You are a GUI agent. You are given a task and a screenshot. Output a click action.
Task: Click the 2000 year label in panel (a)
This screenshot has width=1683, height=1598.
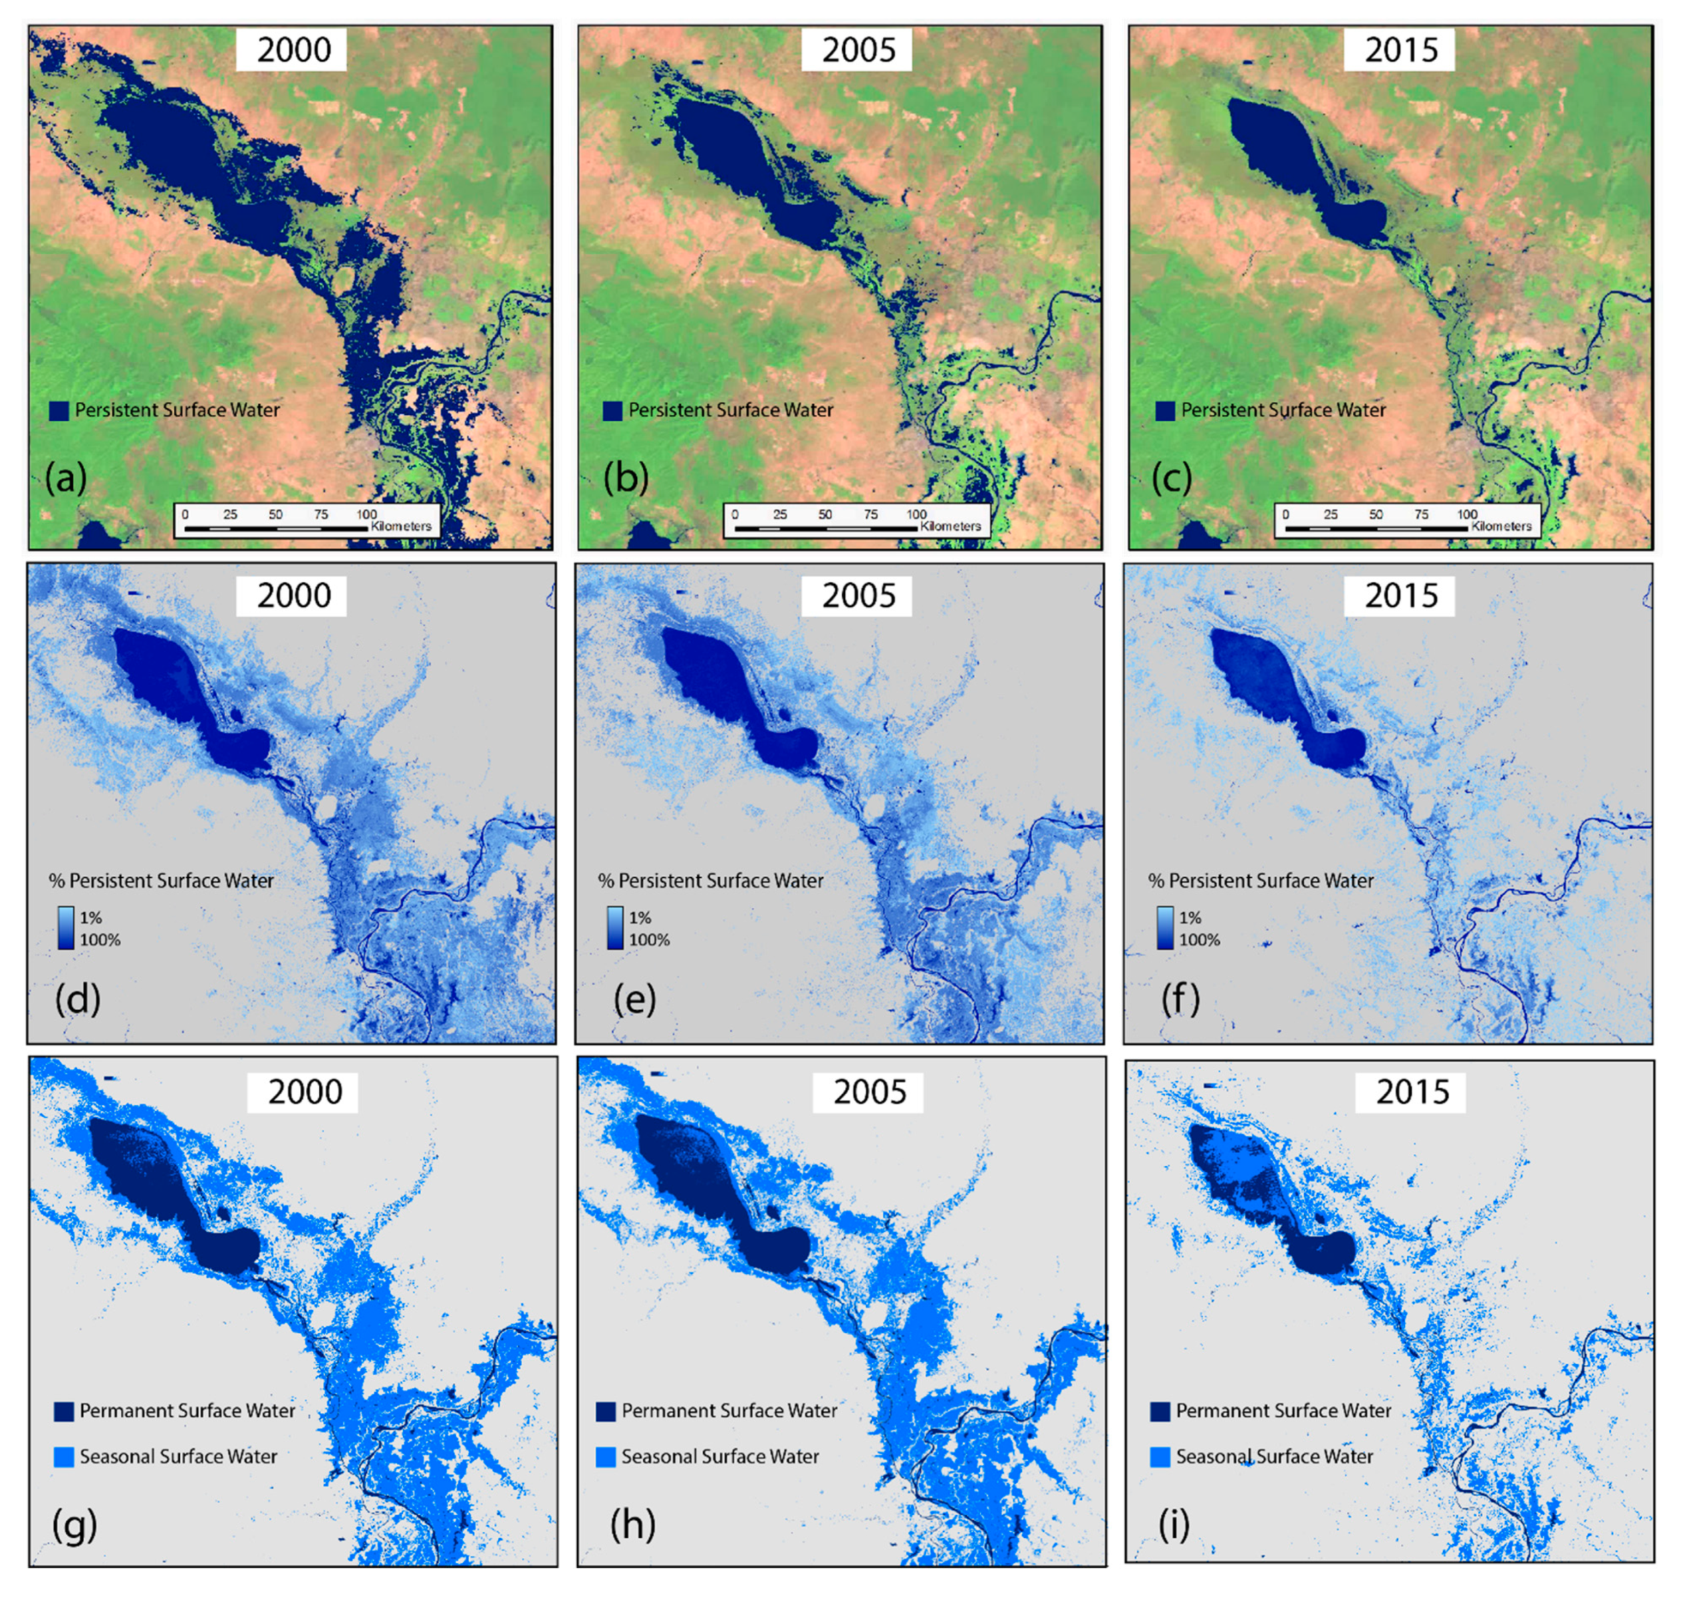coord(293,50)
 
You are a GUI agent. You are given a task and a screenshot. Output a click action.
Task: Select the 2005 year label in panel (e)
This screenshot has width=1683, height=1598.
coord(858,595)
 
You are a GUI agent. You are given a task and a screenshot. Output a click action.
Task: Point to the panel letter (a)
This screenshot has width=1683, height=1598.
coord(66,479)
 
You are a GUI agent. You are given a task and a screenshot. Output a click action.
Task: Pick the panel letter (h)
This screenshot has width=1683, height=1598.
coord(632,1525)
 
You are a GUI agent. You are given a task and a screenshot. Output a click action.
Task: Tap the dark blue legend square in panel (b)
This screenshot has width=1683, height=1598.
coord(612,412)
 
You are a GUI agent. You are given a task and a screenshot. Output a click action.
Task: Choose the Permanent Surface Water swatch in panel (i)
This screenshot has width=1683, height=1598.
coord(1160,1412)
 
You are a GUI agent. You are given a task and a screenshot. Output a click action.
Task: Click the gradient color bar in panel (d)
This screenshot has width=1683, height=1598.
coord(66,928)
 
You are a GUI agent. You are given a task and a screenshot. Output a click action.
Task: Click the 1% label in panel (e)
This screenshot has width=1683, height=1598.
coord(640,917)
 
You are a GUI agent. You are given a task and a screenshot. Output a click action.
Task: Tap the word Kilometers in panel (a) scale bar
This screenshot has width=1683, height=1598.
coord(400,526)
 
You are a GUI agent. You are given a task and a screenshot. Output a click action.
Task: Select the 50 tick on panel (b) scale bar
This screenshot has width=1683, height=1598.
coord(825,514)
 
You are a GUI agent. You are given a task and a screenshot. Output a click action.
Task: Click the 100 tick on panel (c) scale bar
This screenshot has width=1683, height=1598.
coord(1466,514)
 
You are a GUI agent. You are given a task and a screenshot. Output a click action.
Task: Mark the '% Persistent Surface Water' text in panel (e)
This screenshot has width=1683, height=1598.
coord(710,881)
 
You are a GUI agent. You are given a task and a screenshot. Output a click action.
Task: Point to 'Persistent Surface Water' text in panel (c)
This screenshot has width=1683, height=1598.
coord(1283,411)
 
